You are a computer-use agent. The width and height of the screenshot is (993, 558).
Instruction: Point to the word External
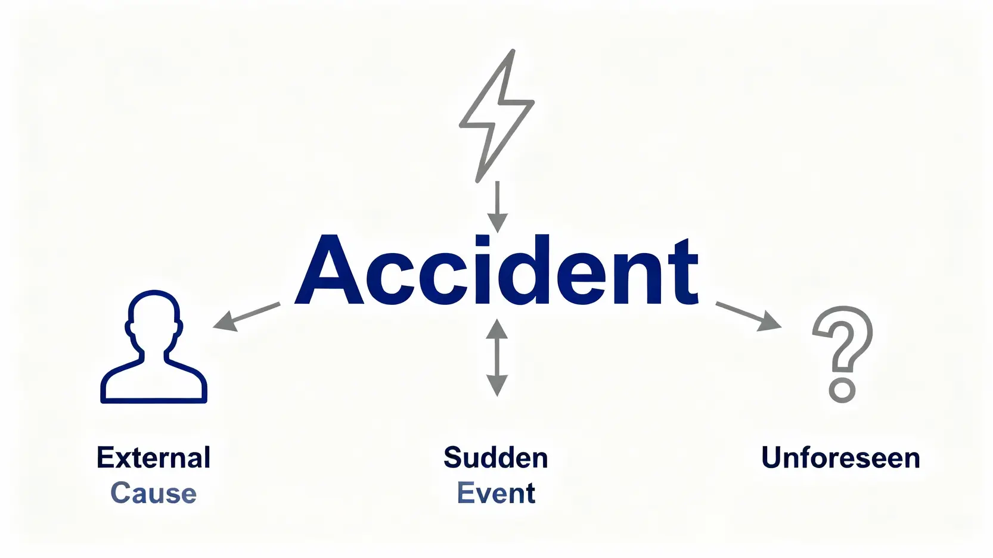[x=154, y=458]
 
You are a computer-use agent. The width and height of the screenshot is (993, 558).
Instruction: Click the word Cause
[x=154, y=493]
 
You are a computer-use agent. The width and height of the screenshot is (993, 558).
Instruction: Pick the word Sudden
[x=496, y=458]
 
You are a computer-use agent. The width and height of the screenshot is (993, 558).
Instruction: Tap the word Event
[x=496, y=493]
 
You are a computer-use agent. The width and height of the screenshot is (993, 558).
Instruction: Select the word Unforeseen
[x=841, y=458]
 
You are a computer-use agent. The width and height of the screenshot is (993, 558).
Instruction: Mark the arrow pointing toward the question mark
[x=748, y=316]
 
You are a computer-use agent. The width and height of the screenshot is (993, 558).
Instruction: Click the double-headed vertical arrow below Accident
[x=496, y=357]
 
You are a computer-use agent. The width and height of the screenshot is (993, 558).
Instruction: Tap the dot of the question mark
[x=842, y=390]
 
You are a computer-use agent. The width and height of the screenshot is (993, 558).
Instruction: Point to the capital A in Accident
[x=330, y=271]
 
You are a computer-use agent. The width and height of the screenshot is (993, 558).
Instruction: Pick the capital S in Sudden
[x=453, y=458]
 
